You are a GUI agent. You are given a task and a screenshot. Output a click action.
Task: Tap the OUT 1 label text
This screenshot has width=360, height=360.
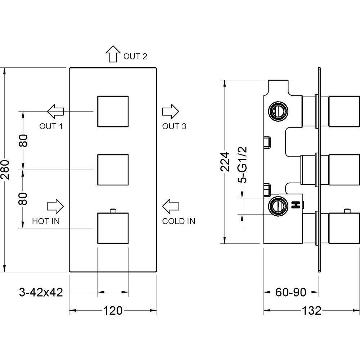[x=51, y=126]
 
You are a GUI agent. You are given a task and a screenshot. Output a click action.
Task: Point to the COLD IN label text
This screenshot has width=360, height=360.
[x=179, y=221]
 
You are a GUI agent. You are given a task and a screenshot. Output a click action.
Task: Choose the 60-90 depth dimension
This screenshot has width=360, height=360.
[x=291, y=292]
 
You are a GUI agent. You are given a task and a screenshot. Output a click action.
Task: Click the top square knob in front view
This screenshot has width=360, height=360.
[x=113, y=111]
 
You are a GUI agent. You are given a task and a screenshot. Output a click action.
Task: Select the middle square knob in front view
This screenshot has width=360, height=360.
[x=113, y=170]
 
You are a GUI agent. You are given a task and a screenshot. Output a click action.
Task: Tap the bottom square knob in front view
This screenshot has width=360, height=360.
[x=113, y=228]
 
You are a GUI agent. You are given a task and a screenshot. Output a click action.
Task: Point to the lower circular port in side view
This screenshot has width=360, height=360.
[x=278, y=206]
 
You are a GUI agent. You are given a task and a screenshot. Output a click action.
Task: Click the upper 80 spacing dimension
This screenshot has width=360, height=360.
[x=23, y=140]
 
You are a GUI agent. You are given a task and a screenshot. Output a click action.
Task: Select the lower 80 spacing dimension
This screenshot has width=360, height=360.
[x=23, y=198]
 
